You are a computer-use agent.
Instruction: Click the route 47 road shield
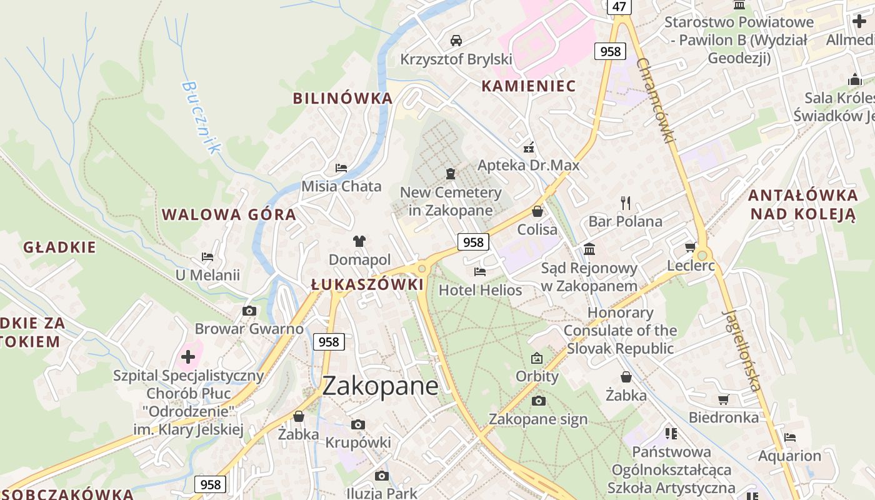(619, 7)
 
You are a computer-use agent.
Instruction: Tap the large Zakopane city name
(380, 386)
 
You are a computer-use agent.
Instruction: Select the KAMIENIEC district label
(528, 86)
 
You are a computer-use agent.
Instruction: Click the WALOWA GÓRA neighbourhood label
(229, 215)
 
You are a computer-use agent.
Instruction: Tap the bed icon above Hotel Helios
(480, 271)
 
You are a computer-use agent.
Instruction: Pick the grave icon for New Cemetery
(450, 173)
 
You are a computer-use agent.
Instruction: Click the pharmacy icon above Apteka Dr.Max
(529, 148)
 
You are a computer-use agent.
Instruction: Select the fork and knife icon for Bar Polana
(625, 202)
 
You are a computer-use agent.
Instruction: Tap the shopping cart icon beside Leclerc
(690, 247)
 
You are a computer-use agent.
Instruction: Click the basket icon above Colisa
(537, 211)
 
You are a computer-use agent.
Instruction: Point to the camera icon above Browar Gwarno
(249, 311)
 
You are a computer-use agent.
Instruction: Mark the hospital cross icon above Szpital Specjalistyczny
(187, 357)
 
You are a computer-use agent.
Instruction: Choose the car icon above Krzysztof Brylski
(456, 41)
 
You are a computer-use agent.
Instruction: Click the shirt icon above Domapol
(359, 241)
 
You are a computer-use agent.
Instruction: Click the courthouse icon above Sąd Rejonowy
(589, 249)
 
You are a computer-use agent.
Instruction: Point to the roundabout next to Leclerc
(702, 255)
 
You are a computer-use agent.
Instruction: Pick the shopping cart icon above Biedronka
(723, 399)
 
